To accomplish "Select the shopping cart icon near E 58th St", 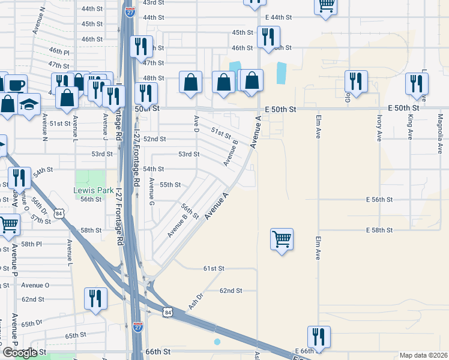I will (x=282, y=239).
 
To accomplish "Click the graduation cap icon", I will (x=29, y=104).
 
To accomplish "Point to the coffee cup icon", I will (x=16, y=84).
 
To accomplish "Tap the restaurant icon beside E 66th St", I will (x=318, y=337).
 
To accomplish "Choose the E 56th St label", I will (x=379, y=199).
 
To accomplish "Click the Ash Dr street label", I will (x=196, y=301).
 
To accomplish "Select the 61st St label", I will (x=213, y=268).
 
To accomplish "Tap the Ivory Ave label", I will (x=379, y=129).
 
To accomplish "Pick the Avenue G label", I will (x=152, y=191).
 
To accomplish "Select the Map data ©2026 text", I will (x=423, y=355).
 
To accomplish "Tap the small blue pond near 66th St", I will (x=217, y=342).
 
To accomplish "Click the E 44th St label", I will (x=278, y=17).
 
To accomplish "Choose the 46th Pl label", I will (x=59, y=52).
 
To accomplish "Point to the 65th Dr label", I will (x=33, y=323).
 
